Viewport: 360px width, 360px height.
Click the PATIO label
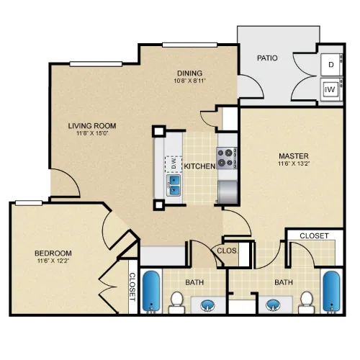(267, 58)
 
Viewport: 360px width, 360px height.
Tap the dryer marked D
(332, 65)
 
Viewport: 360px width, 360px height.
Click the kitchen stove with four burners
(227, 158)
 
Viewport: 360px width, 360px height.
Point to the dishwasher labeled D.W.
(174, 164)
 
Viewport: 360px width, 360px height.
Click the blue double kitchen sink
(174, 185)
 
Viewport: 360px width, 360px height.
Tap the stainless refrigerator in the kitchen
(228, 192)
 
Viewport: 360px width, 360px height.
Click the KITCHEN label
(199, 166)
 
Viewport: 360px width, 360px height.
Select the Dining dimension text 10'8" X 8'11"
(189, 81)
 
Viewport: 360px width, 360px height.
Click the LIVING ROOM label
(92, 126)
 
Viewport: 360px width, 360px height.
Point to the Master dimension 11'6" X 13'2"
(294, 163)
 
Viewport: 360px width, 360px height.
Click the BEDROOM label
(53, 253)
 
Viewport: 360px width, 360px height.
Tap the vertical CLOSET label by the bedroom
(132, 287)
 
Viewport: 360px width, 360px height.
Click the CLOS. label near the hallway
(227, 251)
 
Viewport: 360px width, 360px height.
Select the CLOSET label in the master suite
(314, 236)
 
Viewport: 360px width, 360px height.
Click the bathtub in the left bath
(151, 291)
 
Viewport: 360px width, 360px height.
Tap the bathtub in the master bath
(331, 291)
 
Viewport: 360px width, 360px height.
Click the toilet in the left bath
(176, 302)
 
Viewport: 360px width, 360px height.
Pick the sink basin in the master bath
(274, 305)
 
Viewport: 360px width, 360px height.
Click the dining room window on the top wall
(189, 45)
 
